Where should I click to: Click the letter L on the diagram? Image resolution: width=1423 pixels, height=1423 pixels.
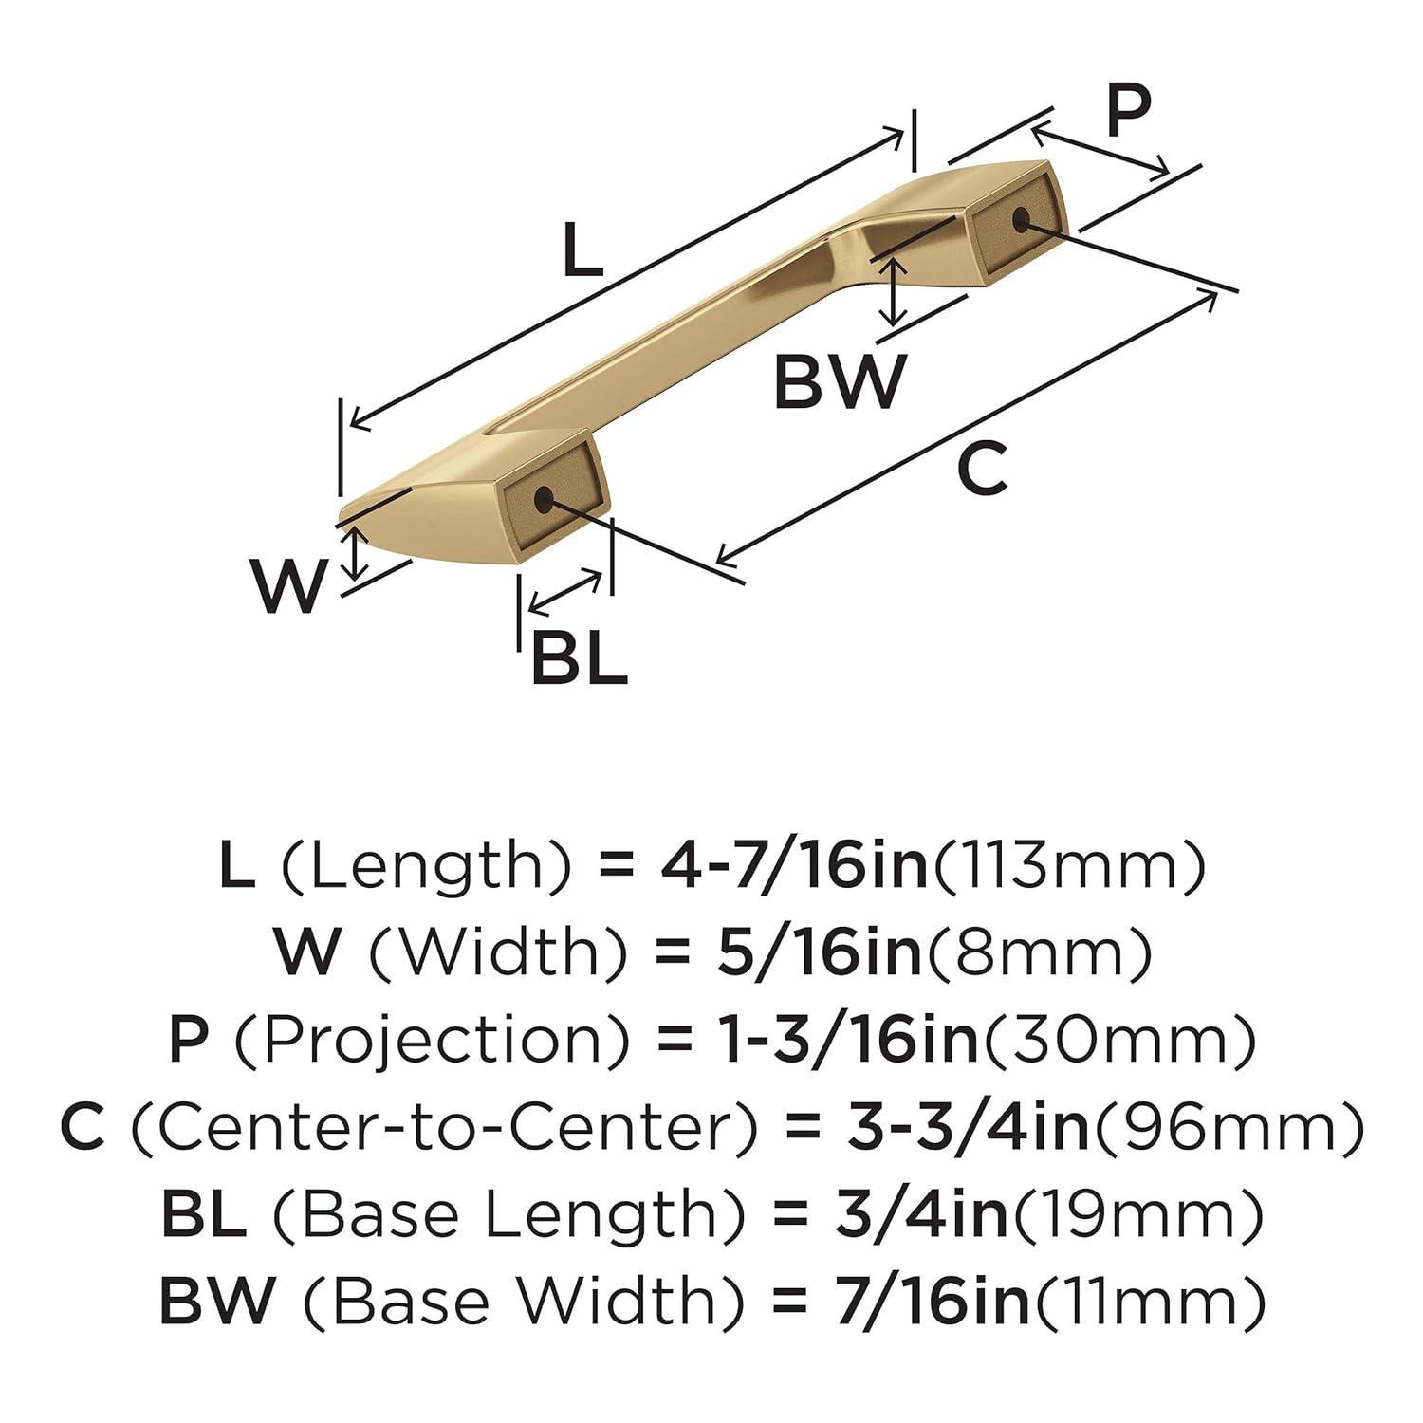point(582,249)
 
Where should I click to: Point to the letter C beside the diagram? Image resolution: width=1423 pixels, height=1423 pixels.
point(981,469)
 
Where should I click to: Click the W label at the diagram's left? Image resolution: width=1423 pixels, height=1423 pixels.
point(288,585)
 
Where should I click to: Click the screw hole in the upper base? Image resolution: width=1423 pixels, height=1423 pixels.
point(1022,220)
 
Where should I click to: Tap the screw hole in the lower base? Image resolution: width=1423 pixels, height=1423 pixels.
point(544,499)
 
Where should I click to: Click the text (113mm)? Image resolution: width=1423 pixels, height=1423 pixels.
point(1070,864)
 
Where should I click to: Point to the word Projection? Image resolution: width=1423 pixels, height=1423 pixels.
point(433,1039)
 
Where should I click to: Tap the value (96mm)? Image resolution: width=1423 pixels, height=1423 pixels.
point(1229,1126)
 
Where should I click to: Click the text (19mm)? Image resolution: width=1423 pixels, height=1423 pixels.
point(1136,1213)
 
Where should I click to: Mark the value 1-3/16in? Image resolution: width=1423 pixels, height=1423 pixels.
point(845,1039)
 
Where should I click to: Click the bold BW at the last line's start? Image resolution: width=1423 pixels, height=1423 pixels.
point(217,1301)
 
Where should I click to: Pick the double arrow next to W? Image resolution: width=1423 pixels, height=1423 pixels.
point(354,554)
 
